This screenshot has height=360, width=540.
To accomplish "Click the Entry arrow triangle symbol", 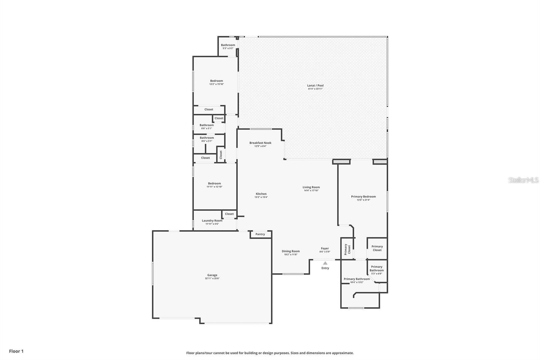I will (x=325, y=263).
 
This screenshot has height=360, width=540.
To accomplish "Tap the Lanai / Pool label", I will (x=315, y=85).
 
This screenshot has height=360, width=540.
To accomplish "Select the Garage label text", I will (x=212, y=275).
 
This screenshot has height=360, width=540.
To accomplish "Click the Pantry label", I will (x=260, y=234).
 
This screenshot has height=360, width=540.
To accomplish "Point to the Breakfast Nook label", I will (x=260, y=143).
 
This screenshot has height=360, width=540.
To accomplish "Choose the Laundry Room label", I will (x=212, y=221).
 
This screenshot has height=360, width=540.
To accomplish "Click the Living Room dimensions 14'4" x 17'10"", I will (x=311, y=190).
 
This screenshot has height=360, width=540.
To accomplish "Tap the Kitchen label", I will (x=261, y=194).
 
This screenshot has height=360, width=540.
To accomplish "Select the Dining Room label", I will (x=291, y=251).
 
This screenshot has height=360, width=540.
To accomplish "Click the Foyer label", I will (x=325, y=248).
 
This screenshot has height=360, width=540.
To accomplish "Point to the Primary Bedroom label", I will (x=363, y=197).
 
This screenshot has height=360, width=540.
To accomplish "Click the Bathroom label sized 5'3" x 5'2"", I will (x=228, y=45).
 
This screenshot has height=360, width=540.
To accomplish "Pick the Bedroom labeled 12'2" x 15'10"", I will (x=216, y=81).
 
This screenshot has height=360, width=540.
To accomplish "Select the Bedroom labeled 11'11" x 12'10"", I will (x=214, y=183).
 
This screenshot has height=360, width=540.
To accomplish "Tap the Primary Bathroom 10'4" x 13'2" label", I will (x=356, y=279).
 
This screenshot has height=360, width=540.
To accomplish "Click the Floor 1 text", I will (x=16, y=351).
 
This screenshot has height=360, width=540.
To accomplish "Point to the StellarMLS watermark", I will (x=523, y=180).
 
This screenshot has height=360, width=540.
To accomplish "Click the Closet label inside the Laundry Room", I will (x=229, y=214).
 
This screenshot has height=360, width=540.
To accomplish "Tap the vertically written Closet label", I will (x=221, y=155).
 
